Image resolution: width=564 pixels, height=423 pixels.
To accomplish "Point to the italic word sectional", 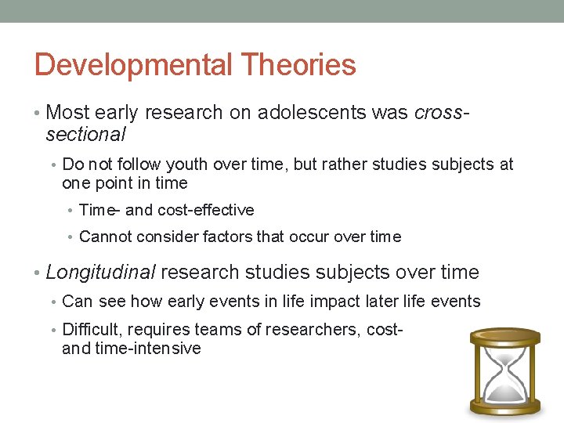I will point(85,135).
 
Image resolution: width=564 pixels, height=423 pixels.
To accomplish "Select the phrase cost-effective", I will point(205,210).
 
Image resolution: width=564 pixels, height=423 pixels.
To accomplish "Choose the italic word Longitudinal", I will point(102,273).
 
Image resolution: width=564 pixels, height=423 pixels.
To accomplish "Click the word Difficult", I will point(90,330).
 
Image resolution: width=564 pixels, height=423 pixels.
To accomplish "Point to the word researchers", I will point(310,330).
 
